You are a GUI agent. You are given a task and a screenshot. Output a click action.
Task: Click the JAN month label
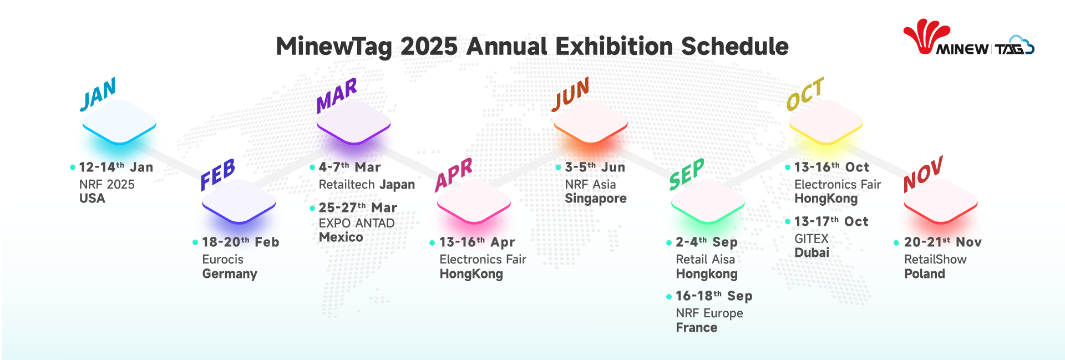pos(98,94)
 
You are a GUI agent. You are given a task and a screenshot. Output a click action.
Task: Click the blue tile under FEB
pos(239,201)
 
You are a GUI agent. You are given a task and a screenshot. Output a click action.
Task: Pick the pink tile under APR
pos(474,201)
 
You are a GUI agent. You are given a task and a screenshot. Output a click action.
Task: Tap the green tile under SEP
pos(708,201)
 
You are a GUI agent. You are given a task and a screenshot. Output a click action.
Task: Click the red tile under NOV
pos(941,201)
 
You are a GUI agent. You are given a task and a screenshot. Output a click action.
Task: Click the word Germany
pos(230,274)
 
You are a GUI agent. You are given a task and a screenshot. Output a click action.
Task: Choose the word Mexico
pos(341,237)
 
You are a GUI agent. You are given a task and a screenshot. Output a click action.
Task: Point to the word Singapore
pos(596,199)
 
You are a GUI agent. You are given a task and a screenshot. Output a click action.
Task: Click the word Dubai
pos(812,252)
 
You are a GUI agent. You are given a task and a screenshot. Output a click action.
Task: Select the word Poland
pos(924,273)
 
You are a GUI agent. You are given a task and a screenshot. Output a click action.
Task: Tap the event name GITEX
pos(811,239)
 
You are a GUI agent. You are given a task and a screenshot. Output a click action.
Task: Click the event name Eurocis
pos(222,259)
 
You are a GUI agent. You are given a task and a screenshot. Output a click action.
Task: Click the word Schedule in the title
pos(734,46)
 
